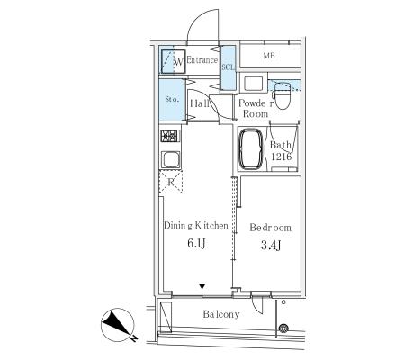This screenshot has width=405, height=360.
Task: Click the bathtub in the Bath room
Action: [250, 148]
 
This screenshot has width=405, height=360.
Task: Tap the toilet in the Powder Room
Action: [282, 95]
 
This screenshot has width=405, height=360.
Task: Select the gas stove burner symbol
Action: [170, 136]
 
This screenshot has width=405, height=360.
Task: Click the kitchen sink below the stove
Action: [170, 159]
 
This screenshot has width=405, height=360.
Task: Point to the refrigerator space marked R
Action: [171, 182]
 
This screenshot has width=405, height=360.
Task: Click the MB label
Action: [269, 56]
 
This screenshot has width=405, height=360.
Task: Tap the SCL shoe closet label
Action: [229, 67]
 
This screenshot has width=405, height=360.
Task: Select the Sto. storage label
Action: [172, 99]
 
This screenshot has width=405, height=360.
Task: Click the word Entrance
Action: [202, 60]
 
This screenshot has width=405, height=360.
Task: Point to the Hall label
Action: [200, 103]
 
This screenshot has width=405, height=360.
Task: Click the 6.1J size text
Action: [196, 243]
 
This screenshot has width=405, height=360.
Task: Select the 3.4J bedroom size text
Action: [271, 246]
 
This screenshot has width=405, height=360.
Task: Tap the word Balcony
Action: [221, 314]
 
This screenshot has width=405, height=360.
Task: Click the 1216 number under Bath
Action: [281, 157]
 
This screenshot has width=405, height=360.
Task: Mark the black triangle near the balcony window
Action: [202, 286]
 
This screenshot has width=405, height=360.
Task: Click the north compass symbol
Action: [118, 325]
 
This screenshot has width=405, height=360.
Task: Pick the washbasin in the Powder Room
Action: [254, 83]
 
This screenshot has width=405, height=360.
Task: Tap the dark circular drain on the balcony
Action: [283, 328]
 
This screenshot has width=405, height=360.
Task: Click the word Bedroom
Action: [270, 228]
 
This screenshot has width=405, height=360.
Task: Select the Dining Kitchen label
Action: [196, 226]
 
